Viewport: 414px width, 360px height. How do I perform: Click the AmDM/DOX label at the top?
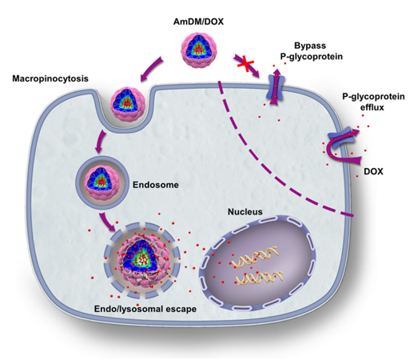point(198,22)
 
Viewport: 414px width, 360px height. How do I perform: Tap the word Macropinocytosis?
point(50,79)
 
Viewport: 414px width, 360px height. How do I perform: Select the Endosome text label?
point(156,185)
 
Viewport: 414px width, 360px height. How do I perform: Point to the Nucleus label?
point(245,212)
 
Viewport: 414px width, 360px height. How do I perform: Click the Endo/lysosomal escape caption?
point(145,309)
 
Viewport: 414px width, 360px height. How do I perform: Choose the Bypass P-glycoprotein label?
point(311,51)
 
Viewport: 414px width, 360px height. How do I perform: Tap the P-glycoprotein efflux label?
point(373,102)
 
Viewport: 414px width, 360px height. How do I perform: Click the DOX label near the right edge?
point(373,171)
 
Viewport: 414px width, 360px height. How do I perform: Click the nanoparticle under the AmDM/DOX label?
point(199,50)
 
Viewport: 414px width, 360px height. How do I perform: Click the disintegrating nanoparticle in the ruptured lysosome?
point(141,262)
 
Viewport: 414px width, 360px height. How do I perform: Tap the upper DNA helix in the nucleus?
point(255,257)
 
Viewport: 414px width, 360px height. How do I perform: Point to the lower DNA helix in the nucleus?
point(259,278)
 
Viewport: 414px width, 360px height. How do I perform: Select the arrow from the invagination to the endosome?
point(101,142)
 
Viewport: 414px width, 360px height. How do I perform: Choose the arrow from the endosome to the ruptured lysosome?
point(107,222)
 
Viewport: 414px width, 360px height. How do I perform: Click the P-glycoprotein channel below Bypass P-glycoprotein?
point(276,87)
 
